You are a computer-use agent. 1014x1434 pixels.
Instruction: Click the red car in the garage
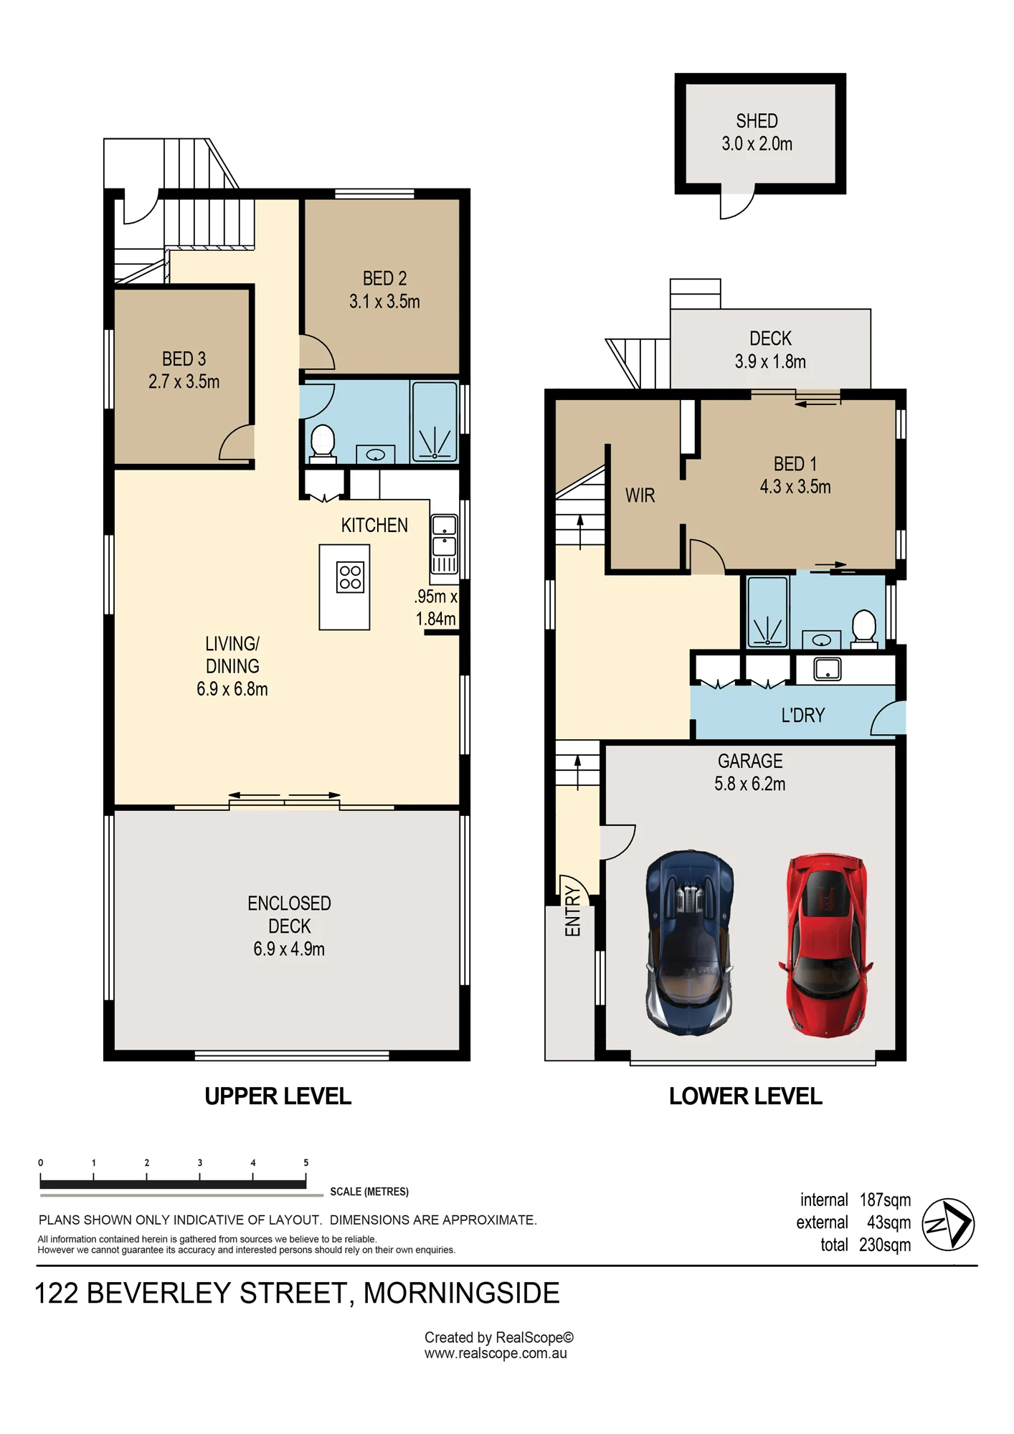click(826, 945)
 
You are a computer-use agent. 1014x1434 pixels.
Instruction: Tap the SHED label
click(757, 120)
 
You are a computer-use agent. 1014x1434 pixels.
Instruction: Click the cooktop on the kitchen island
click(350, 577)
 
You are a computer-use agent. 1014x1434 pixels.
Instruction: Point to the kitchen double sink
click(444, 544)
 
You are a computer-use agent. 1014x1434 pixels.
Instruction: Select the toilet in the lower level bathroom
click(864, 629)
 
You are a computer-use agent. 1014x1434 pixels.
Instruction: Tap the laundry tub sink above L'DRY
click(827, 669)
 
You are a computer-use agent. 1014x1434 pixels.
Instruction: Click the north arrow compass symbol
click(947, 1225)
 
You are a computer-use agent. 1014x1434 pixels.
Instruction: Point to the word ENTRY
click(572, 911)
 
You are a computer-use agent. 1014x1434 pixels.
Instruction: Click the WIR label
click(640, 495)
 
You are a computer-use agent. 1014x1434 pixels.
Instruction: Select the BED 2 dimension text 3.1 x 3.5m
click(384, 301)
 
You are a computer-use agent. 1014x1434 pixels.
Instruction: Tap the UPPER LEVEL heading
click(278, 1096)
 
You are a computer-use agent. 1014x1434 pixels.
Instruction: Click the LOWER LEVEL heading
click(746, 1096)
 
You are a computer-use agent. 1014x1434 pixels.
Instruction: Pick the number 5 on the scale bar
click(306, 1163)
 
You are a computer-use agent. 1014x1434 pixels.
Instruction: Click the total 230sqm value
click(885, 1245)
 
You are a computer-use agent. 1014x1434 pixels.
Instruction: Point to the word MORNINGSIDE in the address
click(461, 1293)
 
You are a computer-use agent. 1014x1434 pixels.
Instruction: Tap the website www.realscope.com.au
click(496, 1354)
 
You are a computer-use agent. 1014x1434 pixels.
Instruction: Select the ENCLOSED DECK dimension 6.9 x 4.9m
click(289, 949)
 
